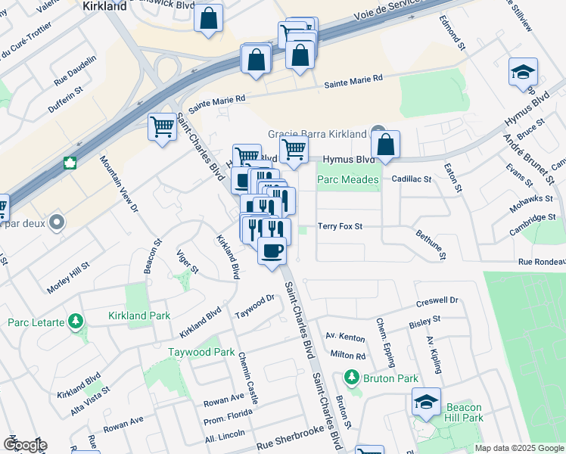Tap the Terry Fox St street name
click(x=341, y=226)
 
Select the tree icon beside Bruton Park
click(x=351, y=377)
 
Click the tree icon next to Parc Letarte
click(x=76, y=322)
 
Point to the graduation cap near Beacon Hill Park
click(x=427, y=402)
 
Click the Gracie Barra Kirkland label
click(x=318, y=134)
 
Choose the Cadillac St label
click(x=412, y=179)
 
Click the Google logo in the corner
click(x=24, y=445)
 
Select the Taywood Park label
click(x=201, y=352)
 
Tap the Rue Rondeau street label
click(x=541, y=262)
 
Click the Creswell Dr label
click(x=438, y=300)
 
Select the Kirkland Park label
click(x=139, y=314)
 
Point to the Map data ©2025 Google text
click(x=518, y=448)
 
